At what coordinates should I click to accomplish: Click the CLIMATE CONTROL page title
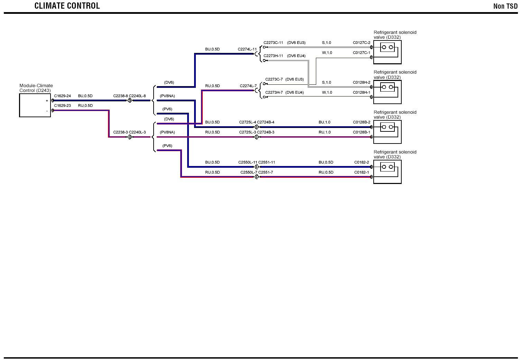point(67,6)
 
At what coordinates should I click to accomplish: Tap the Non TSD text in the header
point(505,6)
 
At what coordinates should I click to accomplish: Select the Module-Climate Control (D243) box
point(35,105)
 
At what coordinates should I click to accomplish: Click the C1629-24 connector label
point(62,96)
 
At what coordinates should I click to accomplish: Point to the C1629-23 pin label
point(62,106)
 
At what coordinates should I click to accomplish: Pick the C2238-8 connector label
point(120,96)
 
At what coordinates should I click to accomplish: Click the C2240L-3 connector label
point(137,132)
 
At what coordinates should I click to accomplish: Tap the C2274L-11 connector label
point(247,49)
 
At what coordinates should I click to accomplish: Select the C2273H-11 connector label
point(273,56)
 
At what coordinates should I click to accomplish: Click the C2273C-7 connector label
point(274,80)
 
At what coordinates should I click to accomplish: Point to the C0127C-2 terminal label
point(361,43)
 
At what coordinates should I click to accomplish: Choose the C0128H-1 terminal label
point(361,93)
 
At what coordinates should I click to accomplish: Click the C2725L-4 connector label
point(247,122)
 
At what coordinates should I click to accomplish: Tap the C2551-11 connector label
point(267,163)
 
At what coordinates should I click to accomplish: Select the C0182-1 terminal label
point(362,173)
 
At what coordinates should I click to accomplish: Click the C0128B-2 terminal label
point(361,122)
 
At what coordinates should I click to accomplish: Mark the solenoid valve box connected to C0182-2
point(387,172)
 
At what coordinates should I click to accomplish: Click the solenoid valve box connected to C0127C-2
point(387,52)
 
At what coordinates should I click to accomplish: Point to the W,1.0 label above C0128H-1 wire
point(327,93)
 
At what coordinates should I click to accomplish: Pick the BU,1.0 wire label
point(325,122)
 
